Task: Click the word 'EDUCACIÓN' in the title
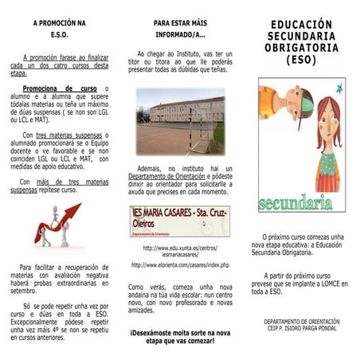pyautogui.click(x=300, y=26)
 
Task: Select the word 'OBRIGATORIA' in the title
pyautogui.click(x=300, y=49)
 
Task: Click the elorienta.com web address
pyautogui.click(x=180, y=265)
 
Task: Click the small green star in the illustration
pyautogui.click(x=340, y=88)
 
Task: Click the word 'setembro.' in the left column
pyautogui.click(x=24, y=291)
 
